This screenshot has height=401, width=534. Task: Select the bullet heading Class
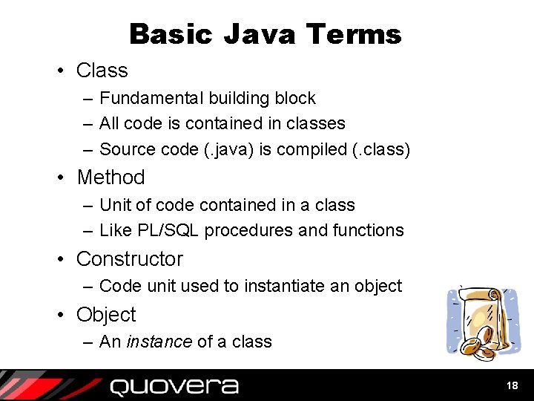[x=102, y=71]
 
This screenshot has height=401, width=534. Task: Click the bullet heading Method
[x=111, y=177]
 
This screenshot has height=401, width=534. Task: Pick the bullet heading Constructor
[x=129, y=259]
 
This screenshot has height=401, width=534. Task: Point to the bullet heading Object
[x=106, y=315]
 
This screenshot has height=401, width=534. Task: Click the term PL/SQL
[x=172, y=231]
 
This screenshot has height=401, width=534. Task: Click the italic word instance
[x=159, y=342]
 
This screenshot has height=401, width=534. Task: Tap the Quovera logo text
[x=174, y=386]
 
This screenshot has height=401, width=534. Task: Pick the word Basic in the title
[x=171, y=34]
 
